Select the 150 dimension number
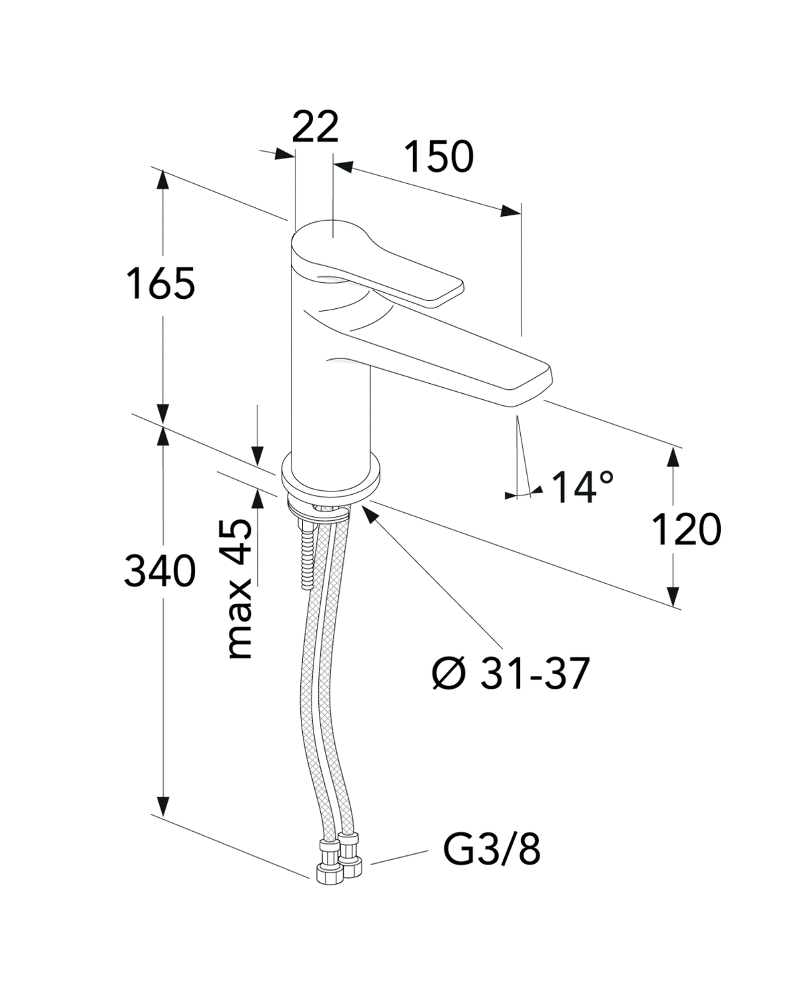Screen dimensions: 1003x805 439,157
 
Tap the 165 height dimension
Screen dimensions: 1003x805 161,284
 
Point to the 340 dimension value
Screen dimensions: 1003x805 160,572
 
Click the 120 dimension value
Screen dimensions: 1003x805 687,530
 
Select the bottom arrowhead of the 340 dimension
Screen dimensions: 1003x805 162,805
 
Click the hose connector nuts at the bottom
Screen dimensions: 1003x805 337,859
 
